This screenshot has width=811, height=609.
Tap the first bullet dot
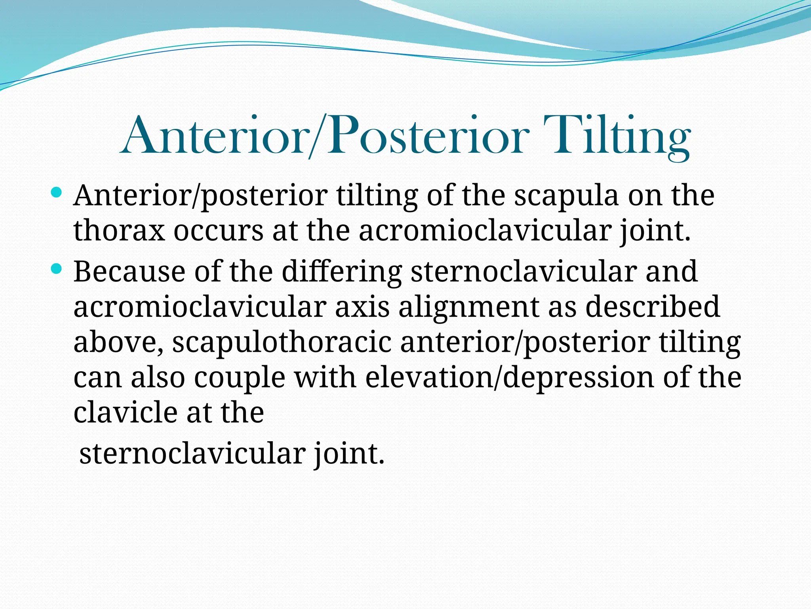(57, 193)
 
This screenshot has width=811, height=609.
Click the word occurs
(218, 231)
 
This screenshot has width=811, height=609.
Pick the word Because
(129, 272)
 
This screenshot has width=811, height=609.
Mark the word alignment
(468, 307)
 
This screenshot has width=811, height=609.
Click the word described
(652, 307)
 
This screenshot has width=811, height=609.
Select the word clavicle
(126, 413)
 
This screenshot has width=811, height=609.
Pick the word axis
(362, 307)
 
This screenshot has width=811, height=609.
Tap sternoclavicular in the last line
(192, 454)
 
